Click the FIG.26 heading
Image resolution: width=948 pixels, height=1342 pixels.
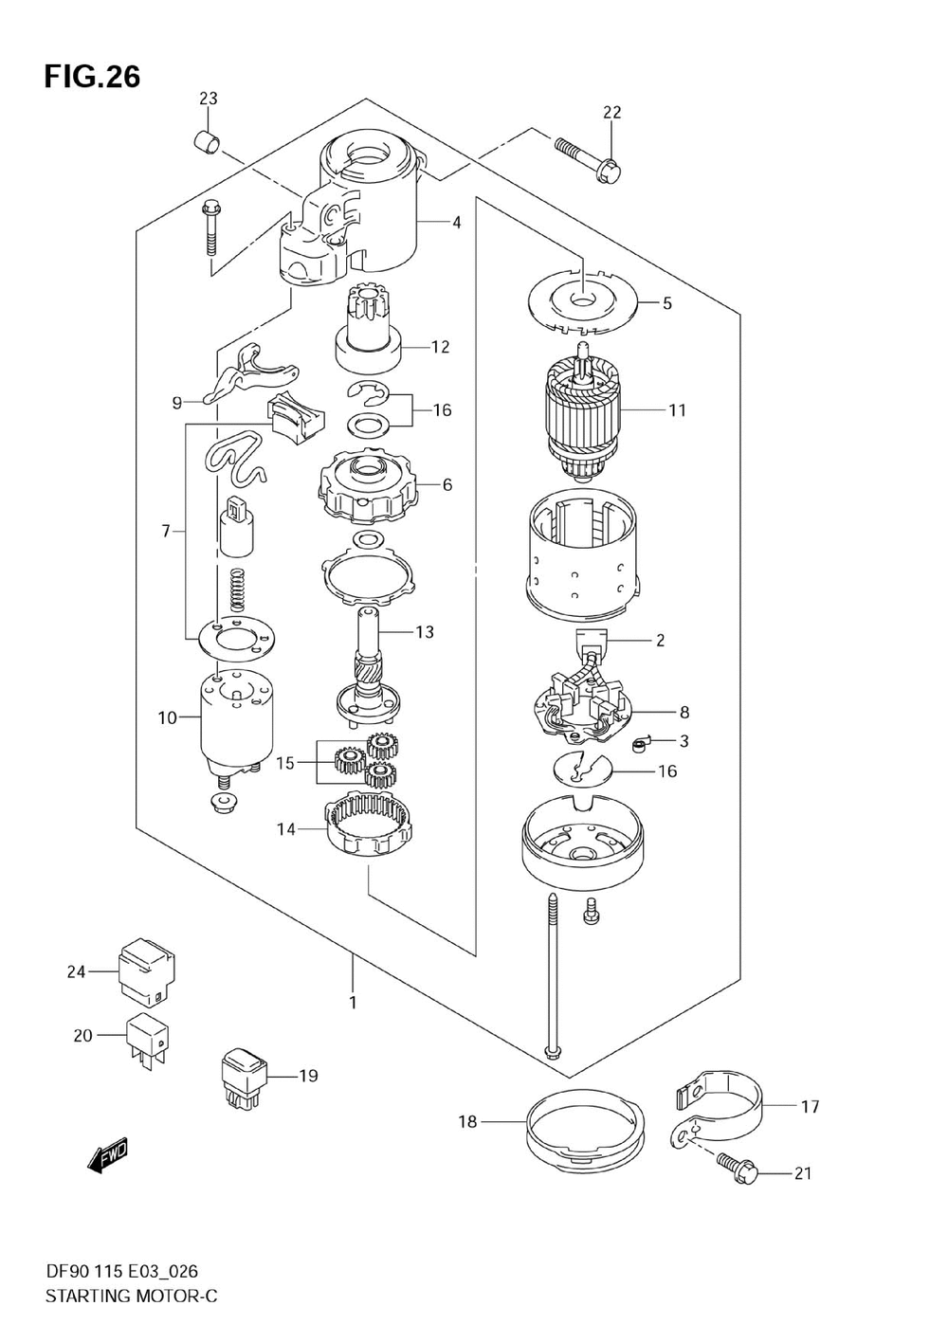92,78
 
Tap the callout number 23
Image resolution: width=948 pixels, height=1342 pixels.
208,99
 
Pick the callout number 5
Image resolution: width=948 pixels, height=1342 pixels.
667,303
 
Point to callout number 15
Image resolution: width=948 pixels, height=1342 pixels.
285,763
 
